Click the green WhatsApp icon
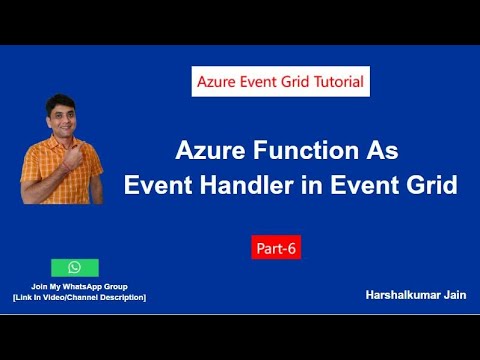[x=75, y=267]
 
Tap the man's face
[x=57, y=117]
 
